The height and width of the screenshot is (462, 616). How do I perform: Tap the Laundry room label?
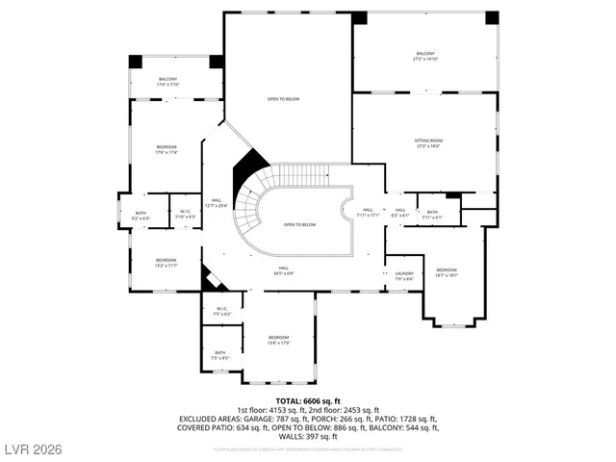point(404,275)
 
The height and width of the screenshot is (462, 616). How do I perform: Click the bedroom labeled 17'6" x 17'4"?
point(167,149)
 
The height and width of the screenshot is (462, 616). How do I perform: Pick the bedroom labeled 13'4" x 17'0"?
point(278,339)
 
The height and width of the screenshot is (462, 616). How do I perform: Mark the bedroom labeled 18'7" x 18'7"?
point(447,271)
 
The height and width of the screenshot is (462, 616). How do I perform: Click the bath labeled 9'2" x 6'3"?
point(141,216)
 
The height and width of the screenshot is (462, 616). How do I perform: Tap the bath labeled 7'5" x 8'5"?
point(220,355)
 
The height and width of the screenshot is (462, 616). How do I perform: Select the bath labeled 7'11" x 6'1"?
point(432,215)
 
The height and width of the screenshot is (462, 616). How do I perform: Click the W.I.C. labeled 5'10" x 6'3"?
point(186,215)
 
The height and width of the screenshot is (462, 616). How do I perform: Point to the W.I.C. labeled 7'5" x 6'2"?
point(221,312)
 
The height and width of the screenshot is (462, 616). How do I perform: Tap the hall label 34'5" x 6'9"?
point(284,270)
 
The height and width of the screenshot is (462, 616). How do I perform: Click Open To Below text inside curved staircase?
point(299,224)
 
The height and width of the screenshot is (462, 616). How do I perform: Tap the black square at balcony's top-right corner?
point(492,17)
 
